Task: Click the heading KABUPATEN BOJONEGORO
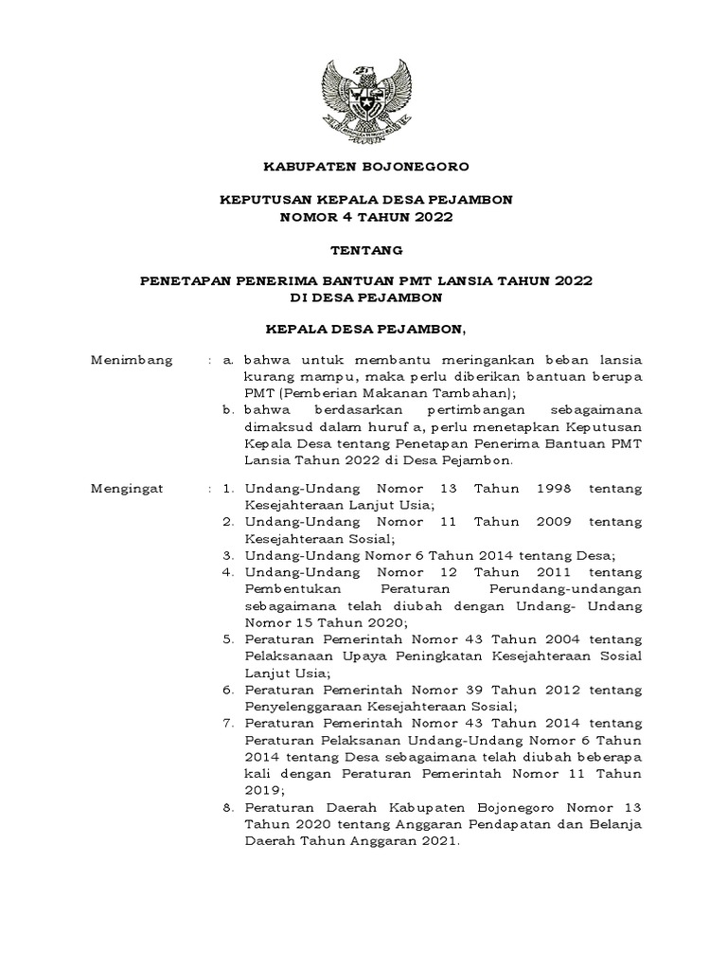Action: [364, 166]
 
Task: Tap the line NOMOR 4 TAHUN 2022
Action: [364, 217]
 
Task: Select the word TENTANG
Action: [364, 250]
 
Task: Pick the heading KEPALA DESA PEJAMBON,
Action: [364, 329]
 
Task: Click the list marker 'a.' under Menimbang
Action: [228, 361]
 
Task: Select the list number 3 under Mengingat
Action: [228, 555]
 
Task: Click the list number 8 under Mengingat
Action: [228, 808]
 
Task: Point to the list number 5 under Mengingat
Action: [228, 639]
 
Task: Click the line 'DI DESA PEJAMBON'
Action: [364, 297]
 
